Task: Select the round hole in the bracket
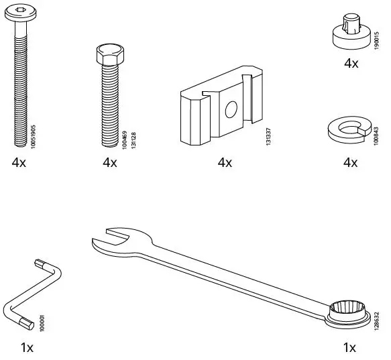point(231,109)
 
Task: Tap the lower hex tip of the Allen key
point(24,324)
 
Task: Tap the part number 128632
point(377,315)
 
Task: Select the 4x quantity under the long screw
point(19,163)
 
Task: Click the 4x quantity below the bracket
point(225,163)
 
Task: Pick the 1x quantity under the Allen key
point(27,348)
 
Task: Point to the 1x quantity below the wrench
point(349,348)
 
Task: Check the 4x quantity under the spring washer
point(351,163)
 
